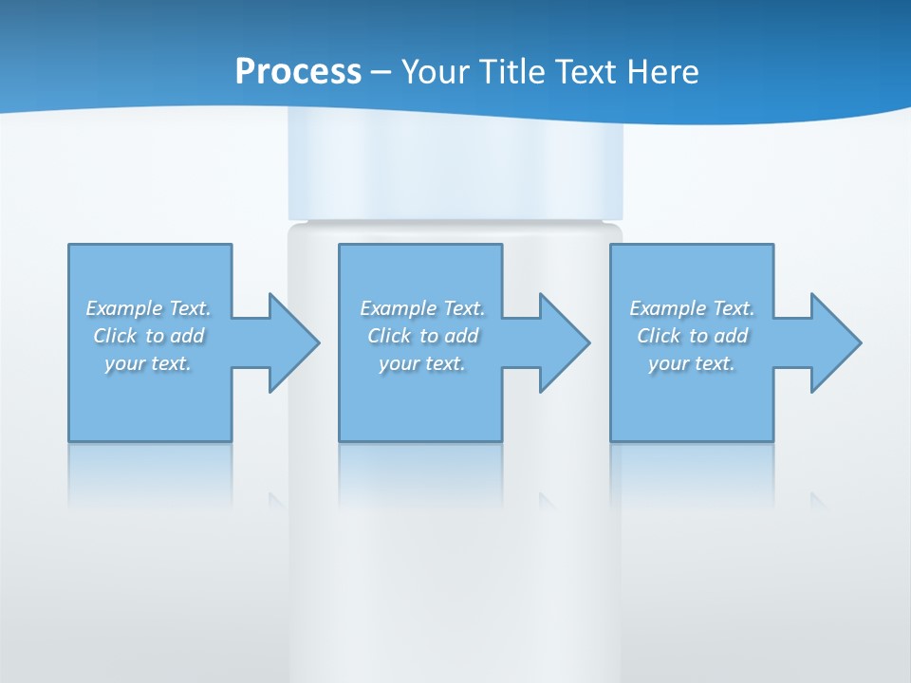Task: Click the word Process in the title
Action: (x=298, y=72)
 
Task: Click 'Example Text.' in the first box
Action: (x=148, y=308)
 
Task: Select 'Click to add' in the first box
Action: (x=148, y=336)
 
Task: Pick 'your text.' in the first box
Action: (x=148, y=363)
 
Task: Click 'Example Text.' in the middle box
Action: (x=422, y=308)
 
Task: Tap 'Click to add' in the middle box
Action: (x=422, y=336)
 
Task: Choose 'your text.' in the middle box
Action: (x=422, y=363)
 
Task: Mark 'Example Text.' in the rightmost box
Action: (x=692, y=308)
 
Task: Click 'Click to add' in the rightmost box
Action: (x=692, y=336)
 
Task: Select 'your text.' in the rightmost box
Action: (x=692, y=363)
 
